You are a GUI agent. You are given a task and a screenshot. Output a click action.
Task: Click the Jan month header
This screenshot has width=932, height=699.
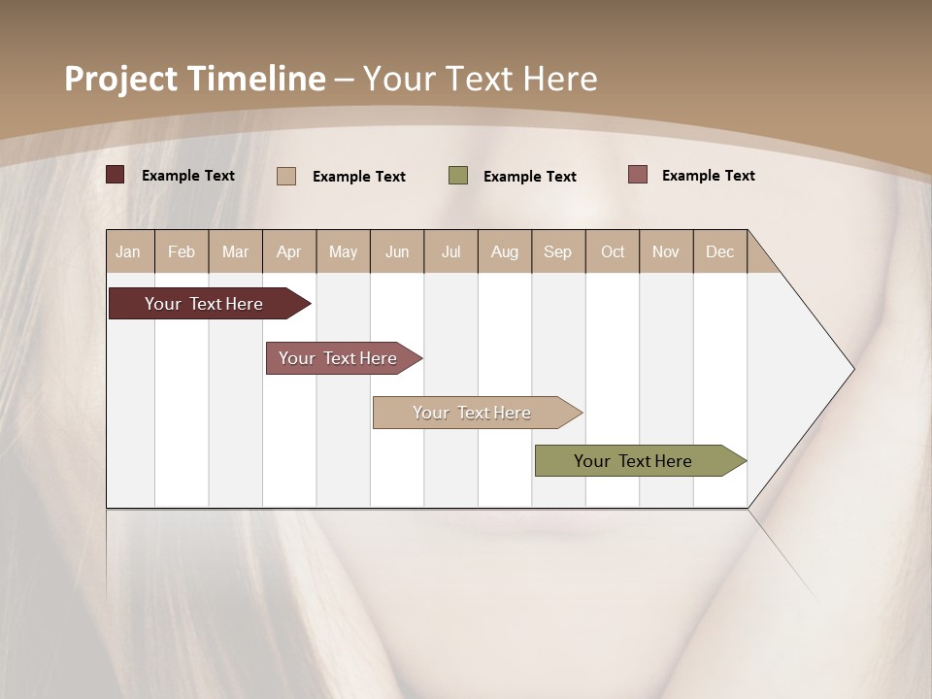(128, 251)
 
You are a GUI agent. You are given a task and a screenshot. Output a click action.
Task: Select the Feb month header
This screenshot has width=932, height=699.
(182, 251)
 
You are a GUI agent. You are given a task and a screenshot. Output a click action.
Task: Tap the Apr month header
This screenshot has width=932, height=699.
(288, 251)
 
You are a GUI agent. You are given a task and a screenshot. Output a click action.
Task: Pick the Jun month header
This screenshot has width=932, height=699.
(397, 251)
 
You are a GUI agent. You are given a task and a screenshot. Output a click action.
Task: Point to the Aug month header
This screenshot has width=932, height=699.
(504, 251)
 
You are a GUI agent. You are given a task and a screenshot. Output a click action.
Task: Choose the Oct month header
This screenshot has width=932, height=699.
(613, 251)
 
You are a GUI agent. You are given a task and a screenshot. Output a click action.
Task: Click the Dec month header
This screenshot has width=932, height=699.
(719, 251)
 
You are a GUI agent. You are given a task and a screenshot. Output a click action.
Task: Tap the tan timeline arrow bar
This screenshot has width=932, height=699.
(474, 413)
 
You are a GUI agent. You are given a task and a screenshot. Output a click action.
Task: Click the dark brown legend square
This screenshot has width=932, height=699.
(115, 175)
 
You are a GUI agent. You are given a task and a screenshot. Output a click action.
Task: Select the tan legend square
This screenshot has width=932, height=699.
(286, 176)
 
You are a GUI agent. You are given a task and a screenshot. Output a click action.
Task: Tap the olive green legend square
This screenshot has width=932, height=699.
(458, 176)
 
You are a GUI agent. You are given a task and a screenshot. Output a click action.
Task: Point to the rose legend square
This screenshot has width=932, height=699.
(637, 175)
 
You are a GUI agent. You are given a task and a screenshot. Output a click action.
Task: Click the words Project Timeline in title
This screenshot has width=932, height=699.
(194, 79)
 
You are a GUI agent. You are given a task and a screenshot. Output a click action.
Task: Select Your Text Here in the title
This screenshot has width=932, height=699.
(481, 79)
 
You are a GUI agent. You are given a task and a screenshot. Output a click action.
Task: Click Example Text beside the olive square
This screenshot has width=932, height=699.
(530, 177)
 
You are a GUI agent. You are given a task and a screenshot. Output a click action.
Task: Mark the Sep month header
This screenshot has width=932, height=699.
(557, 251)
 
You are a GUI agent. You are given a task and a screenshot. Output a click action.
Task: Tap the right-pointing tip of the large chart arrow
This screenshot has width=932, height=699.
(850, 369)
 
